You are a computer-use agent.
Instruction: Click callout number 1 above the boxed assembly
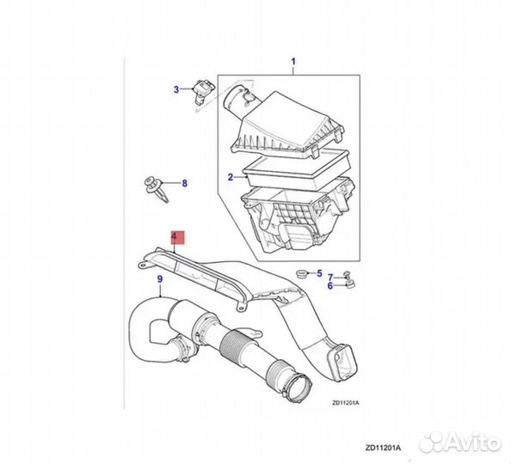click(293, 61)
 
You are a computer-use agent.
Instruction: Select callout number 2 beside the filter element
click(231, 178)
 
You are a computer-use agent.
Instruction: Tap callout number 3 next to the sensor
click(176, 89)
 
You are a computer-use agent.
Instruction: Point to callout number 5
click(319, 273)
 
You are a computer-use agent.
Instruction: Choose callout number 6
click(330, 286)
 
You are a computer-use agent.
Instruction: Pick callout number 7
click(330, 278)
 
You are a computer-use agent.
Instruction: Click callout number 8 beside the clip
click(184, 183)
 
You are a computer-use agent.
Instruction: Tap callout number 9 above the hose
click(160, 279)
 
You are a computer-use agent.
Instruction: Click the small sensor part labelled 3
click(202, 91)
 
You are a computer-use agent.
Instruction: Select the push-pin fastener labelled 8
click(155, 189)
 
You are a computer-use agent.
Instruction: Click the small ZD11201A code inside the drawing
click(346, 403)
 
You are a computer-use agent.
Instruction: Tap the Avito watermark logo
click(460, 443)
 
